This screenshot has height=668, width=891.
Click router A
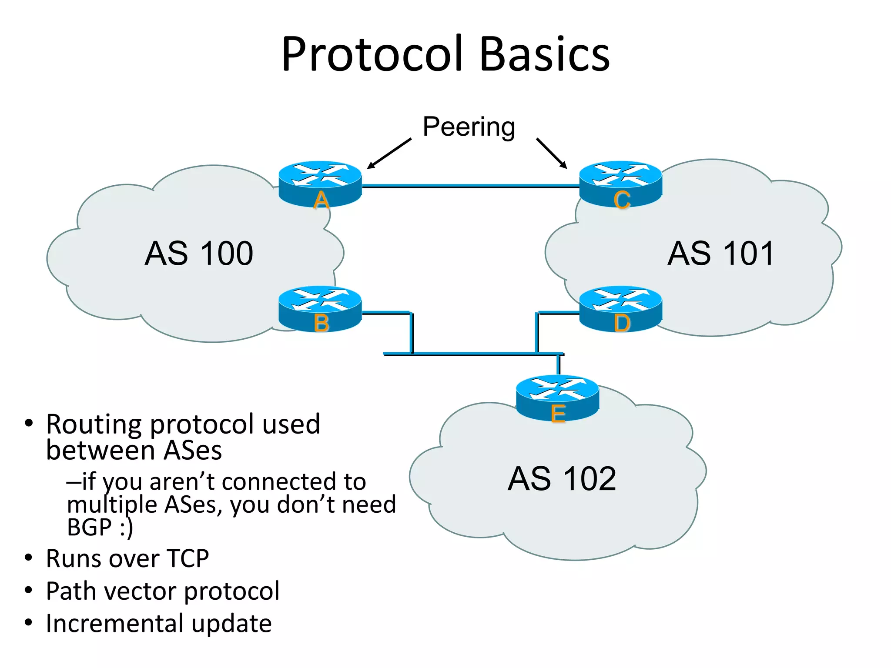click(320, 184)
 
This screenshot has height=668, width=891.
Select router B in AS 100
click(320, 308)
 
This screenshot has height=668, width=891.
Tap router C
click(621, 184)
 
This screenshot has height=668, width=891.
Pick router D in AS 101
click(621, 308)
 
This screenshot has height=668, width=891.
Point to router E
click(557, 397)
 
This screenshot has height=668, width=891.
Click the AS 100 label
click(199, 254)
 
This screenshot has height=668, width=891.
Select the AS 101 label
click(721, 254)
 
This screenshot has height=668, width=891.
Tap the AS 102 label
click(562, 479)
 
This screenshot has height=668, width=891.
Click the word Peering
click(469, 127)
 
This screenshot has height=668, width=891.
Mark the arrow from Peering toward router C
click(552, 153)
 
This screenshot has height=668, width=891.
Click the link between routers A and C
click(470, 186)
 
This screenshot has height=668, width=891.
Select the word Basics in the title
click(545, 54)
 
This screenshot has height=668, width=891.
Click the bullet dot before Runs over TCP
click(29, 558)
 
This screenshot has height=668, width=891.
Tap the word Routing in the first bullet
click(94, 424)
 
